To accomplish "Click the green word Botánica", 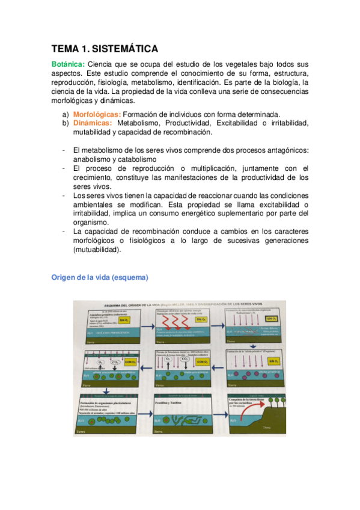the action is coord(67,64).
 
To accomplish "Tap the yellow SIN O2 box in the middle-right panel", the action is coord(272,361).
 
